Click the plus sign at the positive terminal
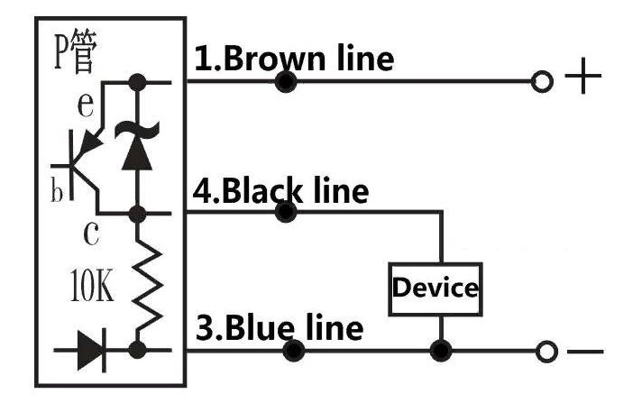[583, 76]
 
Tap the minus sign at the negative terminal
[585, 352]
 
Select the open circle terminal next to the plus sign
[542, 81]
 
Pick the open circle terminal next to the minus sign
[546, 352]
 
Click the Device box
[436, 289]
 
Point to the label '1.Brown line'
[294, 59]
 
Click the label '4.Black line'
[281, 191]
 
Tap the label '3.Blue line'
[280, 327]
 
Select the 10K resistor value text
[92, 286]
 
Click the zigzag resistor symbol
[147, 282]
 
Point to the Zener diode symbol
[137, 145]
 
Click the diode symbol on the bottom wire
[92, 350]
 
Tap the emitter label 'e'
[86, 105]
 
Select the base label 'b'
[57, 189]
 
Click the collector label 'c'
[91, 233]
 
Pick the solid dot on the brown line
[286, 82]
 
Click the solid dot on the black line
[286, 212]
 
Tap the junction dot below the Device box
[441, 351]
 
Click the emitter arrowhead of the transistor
[91, 143]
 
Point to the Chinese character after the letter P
[84, 52]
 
